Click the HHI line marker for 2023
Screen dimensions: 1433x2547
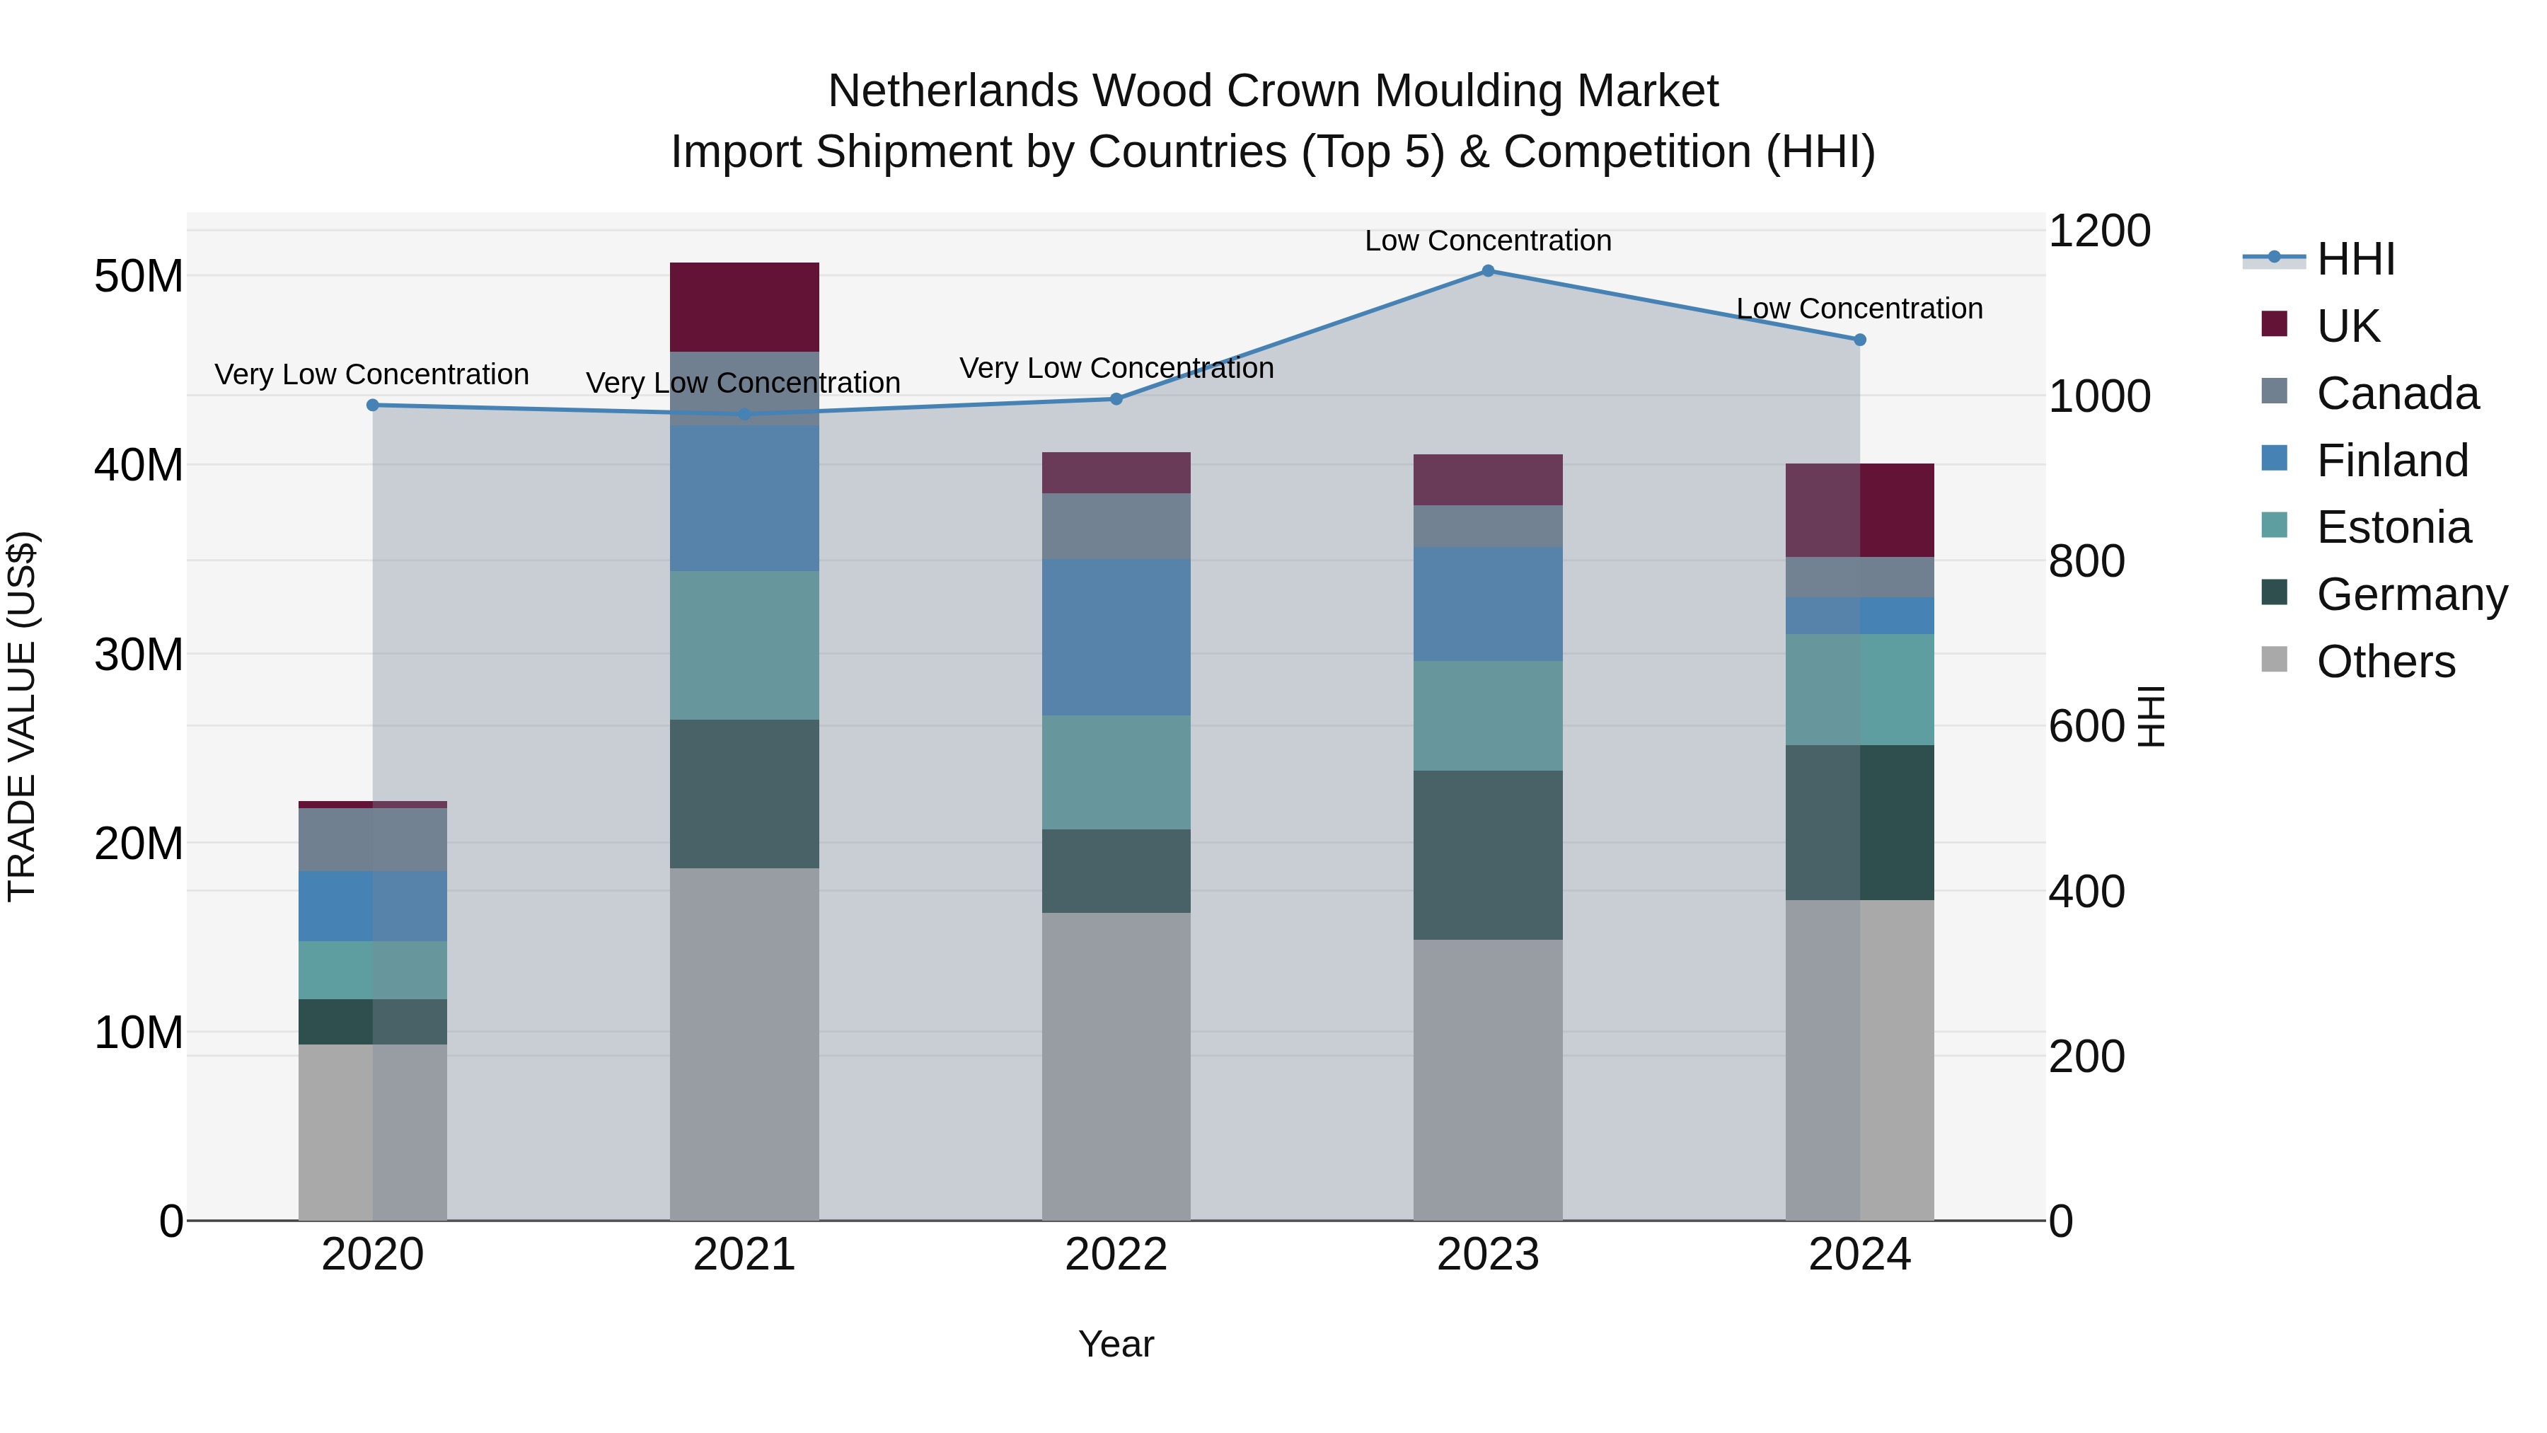click(1487, 271)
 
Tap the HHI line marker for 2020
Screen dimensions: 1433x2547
click(373, 405)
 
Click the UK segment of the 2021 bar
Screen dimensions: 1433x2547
click(744, 306)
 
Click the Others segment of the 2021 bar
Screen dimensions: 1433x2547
click(744, 1043)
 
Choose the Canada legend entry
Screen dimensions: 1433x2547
click(2397, 393)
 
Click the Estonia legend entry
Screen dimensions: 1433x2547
click(2393, 527)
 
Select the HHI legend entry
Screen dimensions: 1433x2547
click(2355, 259)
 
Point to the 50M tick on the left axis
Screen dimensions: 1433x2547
click(139, 276)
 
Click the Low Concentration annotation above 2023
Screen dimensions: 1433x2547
click(1487, 241)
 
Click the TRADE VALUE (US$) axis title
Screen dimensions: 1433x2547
click(22, 716)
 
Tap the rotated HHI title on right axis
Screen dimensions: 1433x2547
click(2152, 716)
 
